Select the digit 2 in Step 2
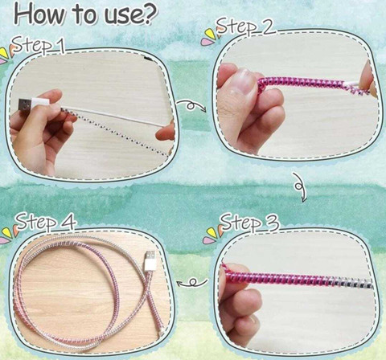click(x=267, y=27)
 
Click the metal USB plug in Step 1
click(x=25, y=105)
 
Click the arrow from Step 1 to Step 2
click(x=192, y=105)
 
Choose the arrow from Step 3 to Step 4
click(x=192, y=282)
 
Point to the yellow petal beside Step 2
click(x=210, y=35)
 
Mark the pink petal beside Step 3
click(x=209, y=240)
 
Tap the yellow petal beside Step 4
click(x=7, y=232)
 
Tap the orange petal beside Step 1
click(x=12, y=49)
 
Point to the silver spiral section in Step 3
click(x=351, y=283)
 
